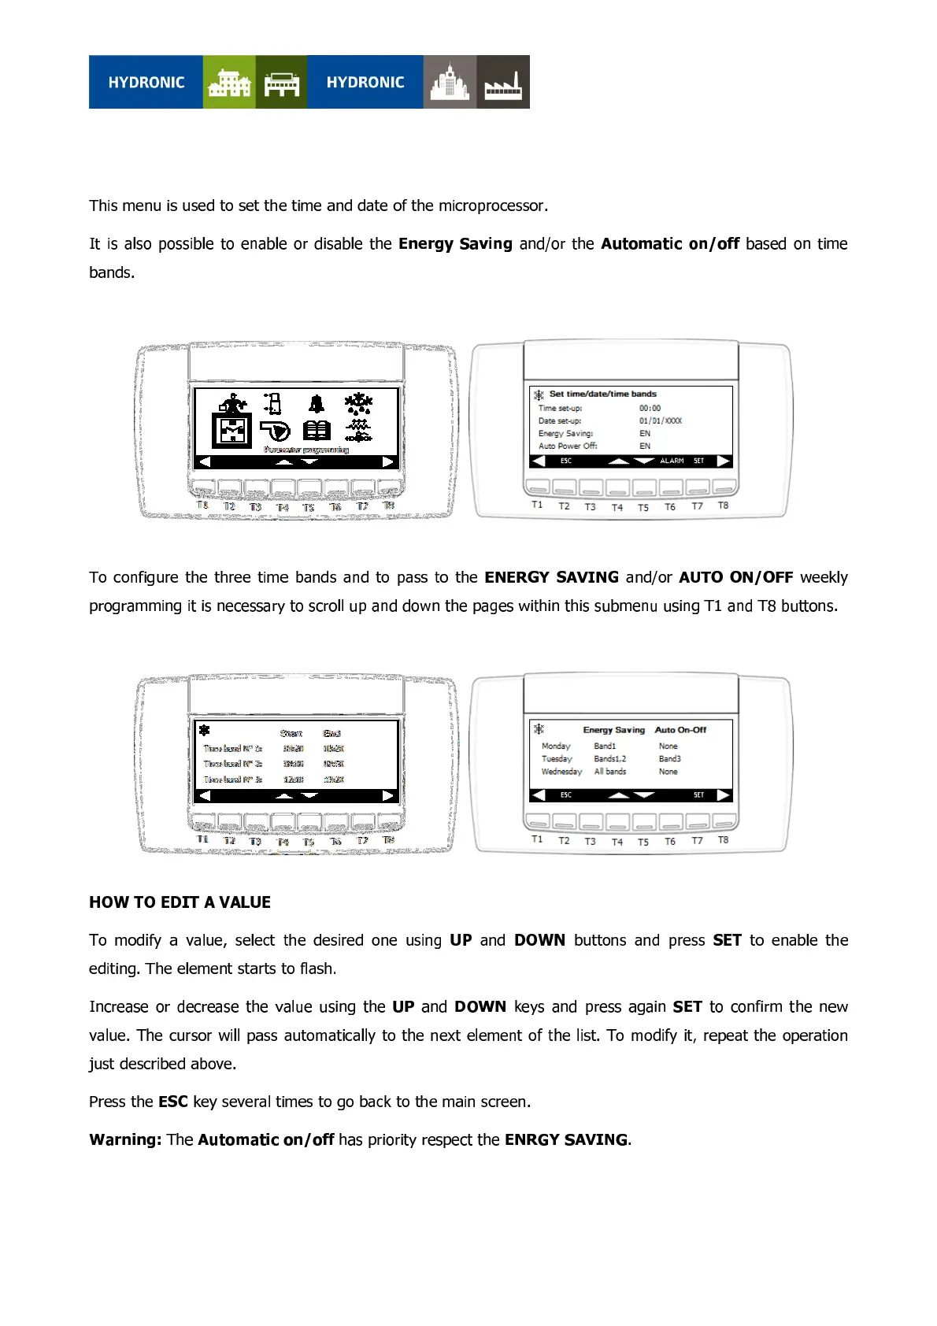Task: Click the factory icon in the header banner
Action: [x=503, y=83]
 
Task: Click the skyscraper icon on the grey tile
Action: [x=450, y=83]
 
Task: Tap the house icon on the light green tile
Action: [x=228, y=83]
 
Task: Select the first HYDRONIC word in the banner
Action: [x=146, y=83]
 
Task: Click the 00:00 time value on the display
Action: [x=650, y=408]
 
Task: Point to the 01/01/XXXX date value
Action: [x=660, y=420]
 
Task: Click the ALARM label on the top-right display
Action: [x=672, y=461]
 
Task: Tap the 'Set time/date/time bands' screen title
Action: [x=602, y=394]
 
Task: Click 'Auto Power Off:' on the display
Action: [x=568, y=446]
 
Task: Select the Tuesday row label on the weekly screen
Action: [x=556, y=759]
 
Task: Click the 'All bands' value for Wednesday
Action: [x=610, y=772]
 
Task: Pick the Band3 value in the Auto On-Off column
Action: [x=669, y=759]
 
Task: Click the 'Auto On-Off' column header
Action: [x=680, y=730]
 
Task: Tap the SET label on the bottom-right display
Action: [x=698, y=795]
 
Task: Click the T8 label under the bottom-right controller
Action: [x=723, y=840]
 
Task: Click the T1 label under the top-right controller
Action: [x=537, y=505]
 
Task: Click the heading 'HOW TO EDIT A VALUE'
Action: [x=180, y=902]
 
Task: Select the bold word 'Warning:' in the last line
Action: [x=125, y=1139]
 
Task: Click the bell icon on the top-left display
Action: [x=317, y=404]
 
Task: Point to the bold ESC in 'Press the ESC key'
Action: [x=172, y=1102]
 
